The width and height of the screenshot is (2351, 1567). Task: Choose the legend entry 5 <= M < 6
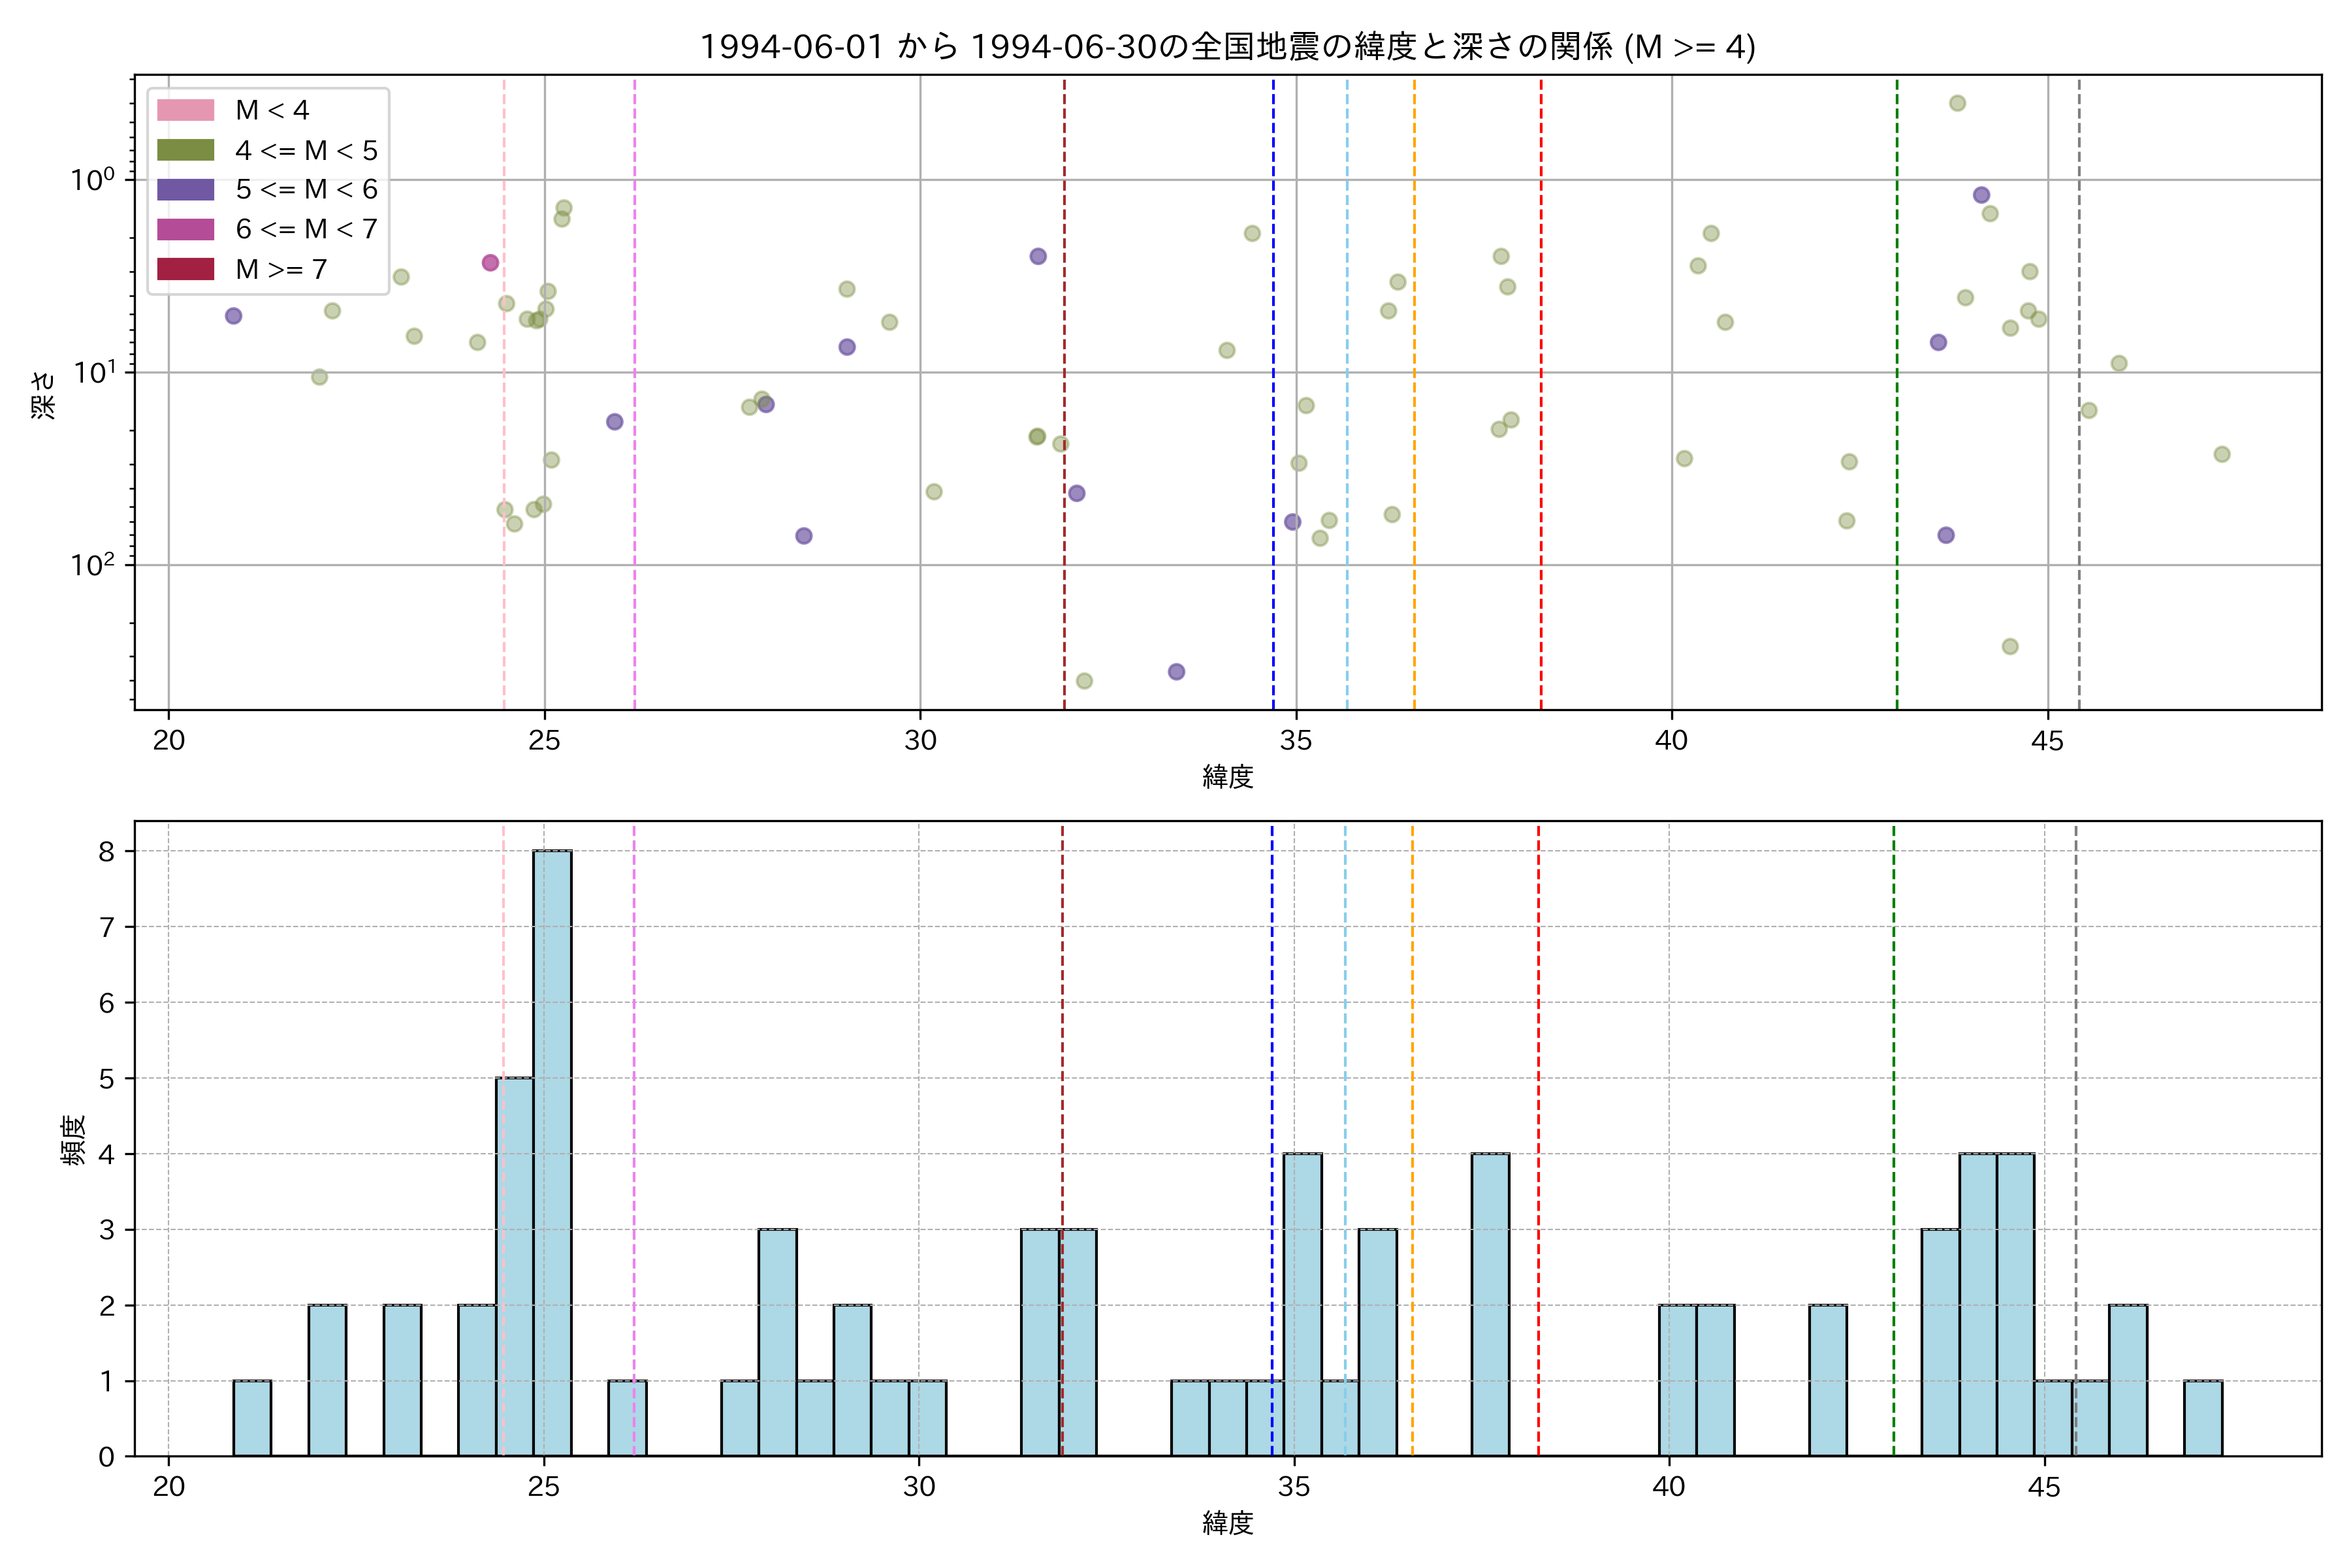click(306, 190)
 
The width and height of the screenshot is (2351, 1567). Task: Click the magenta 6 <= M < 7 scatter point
click(490, 263)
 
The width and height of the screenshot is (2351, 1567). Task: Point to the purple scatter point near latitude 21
click(233, 316)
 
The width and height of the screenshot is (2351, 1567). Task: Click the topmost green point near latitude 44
click(1957, 103)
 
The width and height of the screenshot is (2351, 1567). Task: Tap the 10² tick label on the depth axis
click(92, 565)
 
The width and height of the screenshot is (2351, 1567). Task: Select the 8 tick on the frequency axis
click(106, 851)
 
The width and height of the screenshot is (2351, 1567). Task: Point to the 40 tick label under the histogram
click(1669, 1487)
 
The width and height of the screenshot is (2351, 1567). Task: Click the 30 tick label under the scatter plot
click(920, 740)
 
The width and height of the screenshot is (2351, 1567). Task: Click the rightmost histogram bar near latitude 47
click(2202, 1418)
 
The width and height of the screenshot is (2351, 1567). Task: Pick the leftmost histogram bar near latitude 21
click(252, 1418)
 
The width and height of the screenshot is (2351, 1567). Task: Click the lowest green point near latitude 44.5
click(2010, 646)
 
